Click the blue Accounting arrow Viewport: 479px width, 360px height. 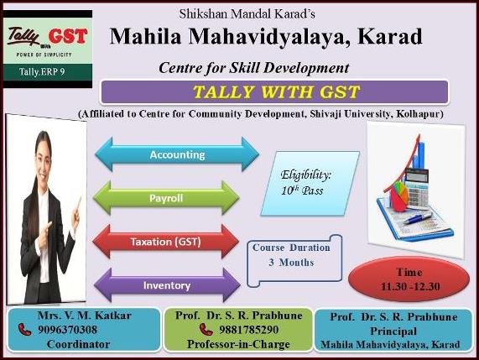177,154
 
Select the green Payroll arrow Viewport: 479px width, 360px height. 166,198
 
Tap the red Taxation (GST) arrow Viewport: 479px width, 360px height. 165,242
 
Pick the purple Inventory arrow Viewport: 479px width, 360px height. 167,285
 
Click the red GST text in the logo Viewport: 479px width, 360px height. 68,36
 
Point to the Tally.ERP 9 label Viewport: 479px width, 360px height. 42,72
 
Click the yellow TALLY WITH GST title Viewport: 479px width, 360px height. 277,92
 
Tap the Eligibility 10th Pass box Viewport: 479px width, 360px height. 310,184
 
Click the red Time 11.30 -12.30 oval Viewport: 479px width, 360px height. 409,279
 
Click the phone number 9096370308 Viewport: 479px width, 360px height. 67,330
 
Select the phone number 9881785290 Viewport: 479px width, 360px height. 248,330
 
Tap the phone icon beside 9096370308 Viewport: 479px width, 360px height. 24,330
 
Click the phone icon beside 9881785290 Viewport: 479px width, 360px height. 206,330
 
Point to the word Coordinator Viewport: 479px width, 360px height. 79,344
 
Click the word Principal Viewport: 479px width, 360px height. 393,331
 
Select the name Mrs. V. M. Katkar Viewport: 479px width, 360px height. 85,315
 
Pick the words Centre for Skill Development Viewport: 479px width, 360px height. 254,67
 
